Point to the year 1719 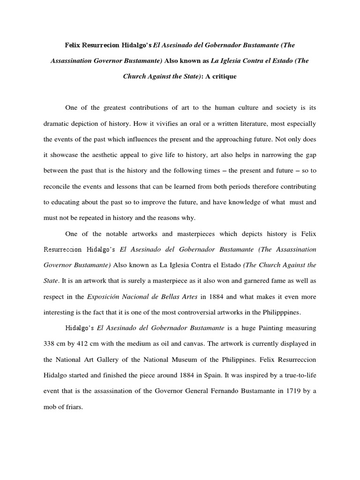tap(292, 391)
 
